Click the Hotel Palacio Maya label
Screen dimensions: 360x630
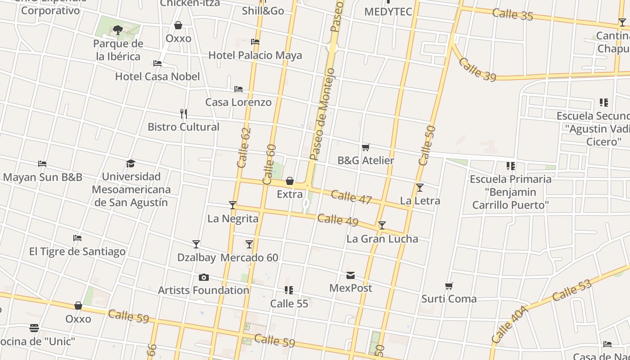[255, 55]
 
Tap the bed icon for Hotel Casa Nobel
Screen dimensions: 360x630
[157, 63]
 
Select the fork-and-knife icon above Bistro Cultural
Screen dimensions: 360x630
[184, 113]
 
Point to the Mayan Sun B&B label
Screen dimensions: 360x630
[43, 177]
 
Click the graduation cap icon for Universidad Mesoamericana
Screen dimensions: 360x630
[131, 163]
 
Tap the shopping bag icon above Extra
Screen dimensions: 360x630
[290, 181]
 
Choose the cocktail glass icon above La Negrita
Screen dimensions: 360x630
[233, 205]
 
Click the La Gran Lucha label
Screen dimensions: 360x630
[382, 239]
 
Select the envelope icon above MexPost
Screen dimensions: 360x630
[351, 275]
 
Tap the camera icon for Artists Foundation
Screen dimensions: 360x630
[204, 277]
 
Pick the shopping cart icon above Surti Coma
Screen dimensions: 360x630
[449, 286]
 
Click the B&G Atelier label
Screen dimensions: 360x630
[365, 161]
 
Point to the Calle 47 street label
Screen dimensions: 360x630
[351, 197]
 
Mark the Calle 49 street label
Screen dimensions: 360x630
[337, 220]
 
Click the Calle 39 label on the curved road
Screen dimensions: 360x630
[477, 70]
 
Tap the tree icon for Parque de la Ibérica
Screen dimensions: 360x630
[118, 30]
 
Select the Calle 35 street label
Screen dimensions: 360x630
[513, 14]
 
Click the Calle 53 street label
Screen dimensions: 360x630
[571, 291]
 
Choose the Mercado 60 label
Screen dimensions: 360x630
[249, 258]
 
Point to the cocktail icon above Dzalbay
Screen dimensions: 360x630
[196, 244]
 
